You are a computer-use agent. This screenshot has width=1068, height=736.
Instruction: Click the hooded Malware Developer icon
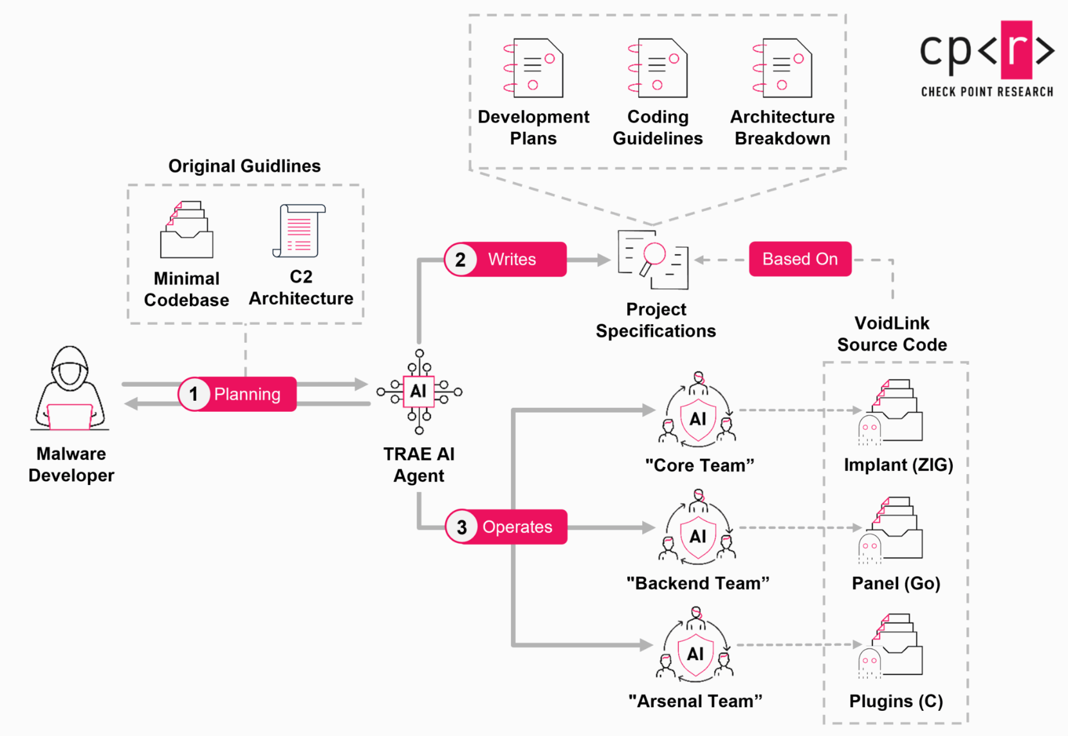[x=70, y=389]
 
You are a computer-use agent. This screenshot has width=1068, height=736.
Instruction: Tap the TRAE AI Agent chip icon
[x=419, y=391]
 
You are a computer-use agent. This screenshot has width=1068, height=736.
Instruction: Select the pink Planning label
[x=247, y=394]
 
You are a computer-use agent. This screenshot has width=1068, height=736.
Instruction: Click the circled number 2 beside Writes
[x=461, y=260]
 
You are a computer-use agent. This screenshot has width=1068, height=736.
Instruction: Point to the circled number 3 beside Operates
[x=461, y=527]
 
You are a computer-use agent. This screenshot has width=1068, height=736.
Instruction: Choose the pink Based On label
[x=800, y=259]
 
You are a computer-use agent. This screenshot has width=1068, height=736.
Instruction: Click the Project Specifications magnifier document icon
[x=653, y=259]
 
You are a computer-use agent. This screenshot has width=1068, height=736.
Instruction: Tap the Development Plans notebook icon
[x=533, y=68]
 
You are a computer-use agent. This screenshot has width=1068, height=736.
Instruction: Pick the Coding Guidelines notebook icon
[x=658, y=68]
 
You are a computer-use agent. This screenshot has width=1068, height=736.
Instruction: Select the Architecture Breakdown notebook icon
[x=782, y=68]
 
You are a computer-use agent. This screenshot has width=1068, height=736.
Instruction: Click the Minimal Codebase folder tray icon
[x=187, y=230]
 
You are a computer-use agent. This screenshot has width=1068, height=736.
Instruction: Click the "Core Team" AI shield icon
[x=698, y=419]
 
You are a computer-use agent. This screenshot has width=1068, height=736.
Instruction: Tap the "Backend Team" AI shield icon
[x=698, y=536]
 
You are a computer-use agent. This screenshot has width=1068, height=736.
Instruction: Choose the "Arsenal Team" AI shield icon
[x=695, y=654]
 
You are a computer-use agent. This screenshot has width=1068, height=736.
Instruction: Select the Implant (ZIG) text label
[x=898, y=465]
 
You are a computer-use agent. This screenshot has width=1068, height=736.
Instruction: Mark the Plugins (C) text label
[x=896, y=701]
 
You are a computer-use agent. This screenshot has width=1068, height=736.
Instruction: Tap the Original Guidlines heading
[x=244, y=166]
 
